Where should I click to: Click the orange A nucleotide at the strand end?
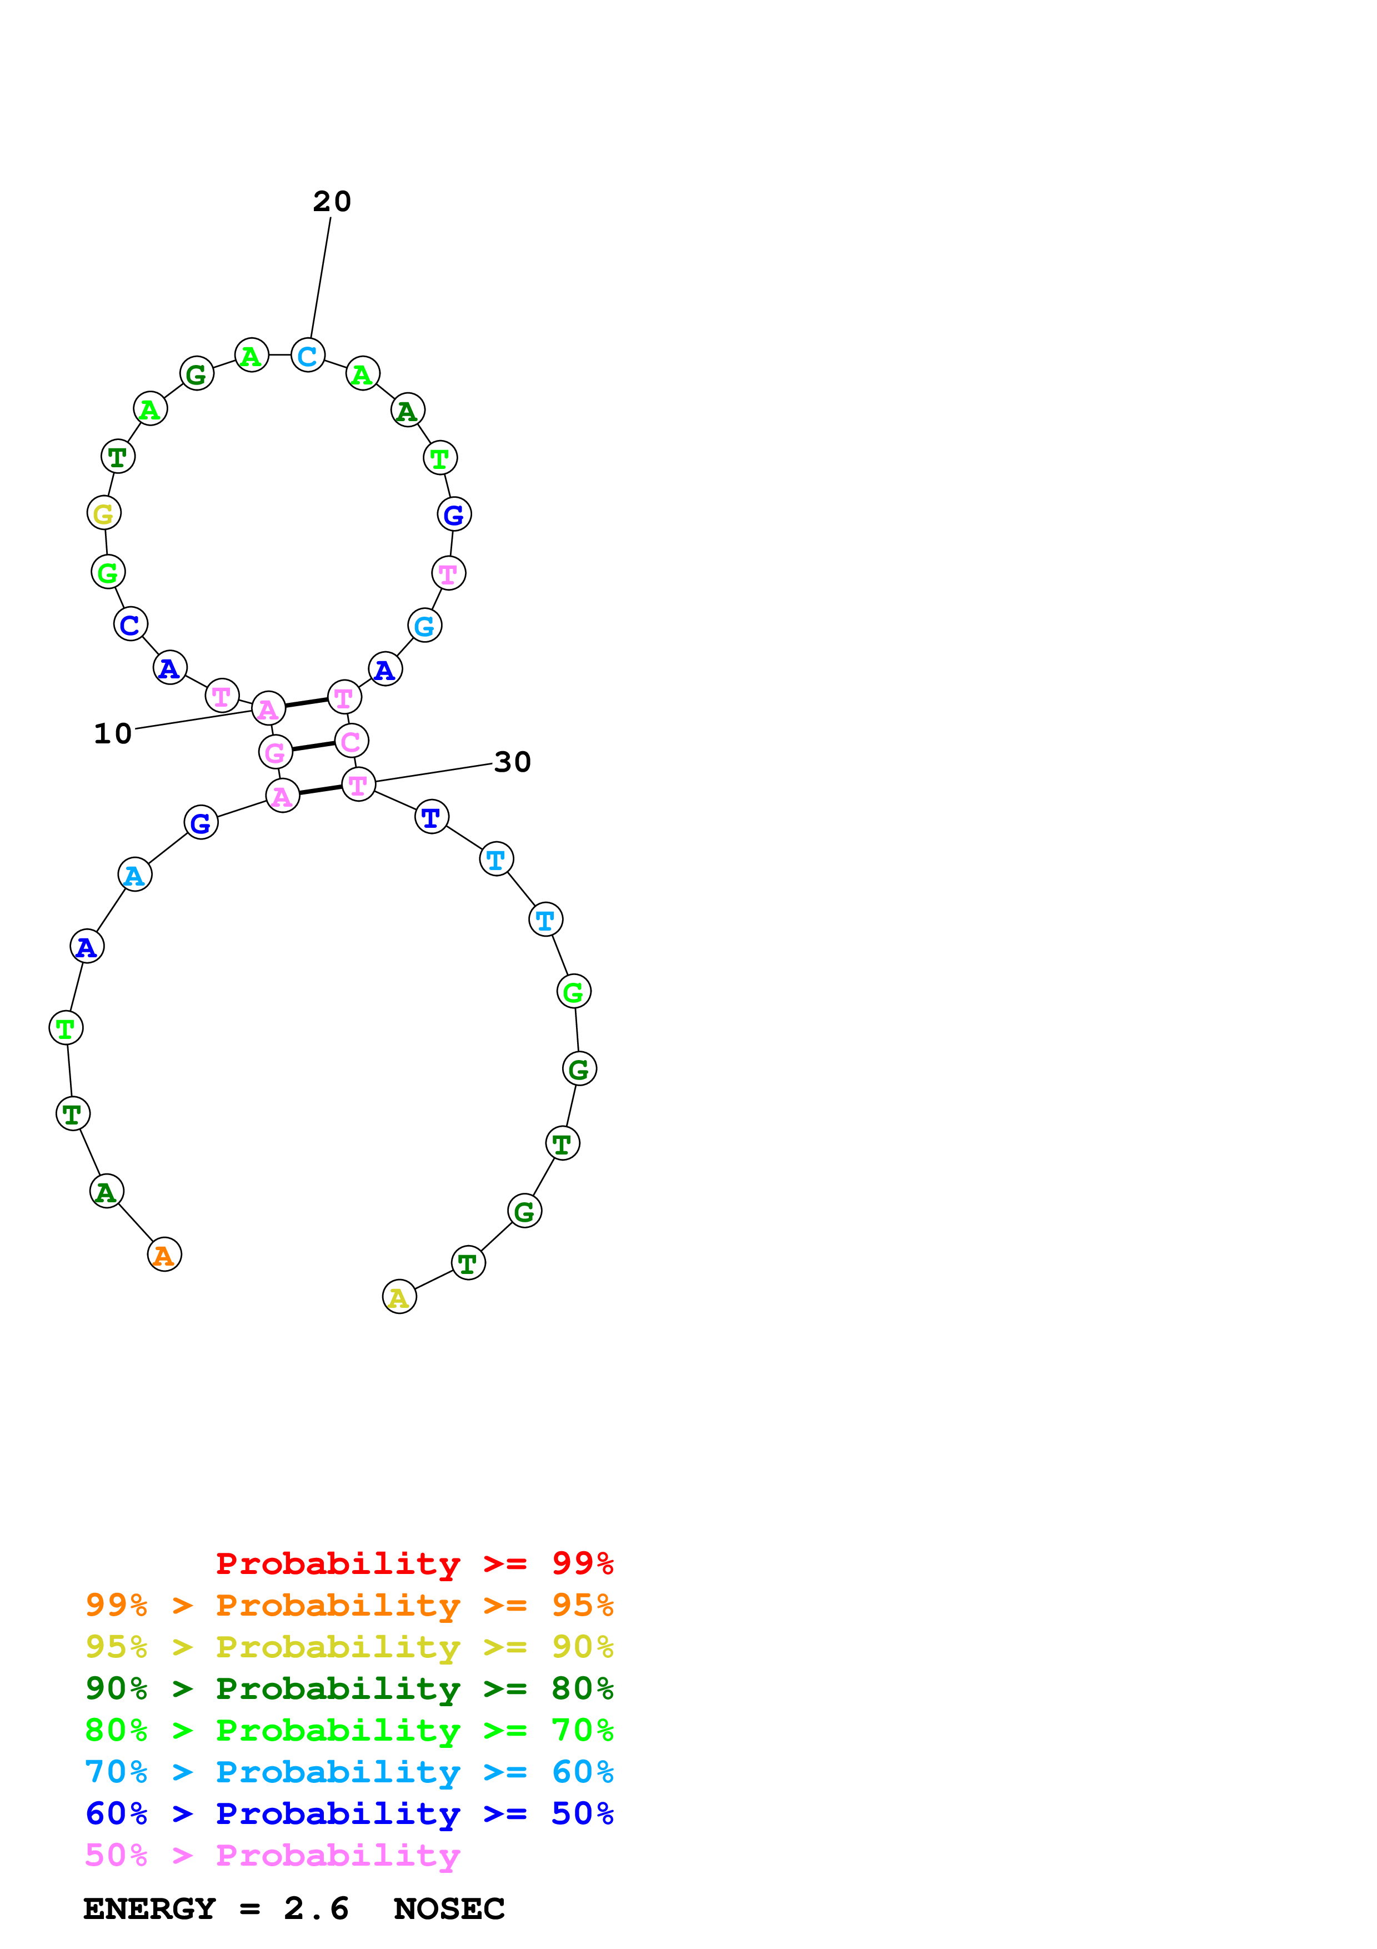click(x=164, y=1255)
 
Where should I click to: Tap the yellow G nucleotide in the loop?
click(x=103, y=513)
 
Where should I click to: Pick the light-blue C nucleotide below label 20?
click(x=307, y=355)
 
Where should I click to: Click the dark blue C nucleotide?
click(x=130, y=624)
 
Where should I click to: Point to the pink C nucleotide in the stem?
click(x=351, y=741)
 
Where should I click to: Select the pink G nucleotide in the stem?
click(x=275, y=751)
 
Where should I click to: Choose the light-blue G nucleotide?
click(x=424, y=626)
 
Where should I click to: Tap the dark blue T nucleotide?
click(x=431, y=817)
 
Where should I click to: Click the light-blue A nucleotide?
click(x=134, y=874)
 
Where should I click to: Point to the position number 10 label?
click(x=113, y=733)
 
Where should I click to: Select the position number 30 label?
click(x=513, y=762)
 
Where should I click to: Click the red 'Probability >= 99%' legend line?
click(x=414, y=1563)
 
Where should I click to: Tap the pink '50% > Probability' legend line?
click(x=272, y=1856)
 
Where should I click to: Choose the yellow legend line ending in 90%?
click(x=349, y=1647)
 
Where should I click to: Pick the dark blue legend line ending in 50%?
click(x=349, y=1813)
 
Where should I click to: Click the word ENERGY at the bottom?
click(x=149, y=1909)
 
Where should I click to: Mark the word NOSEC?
click(x=449, y=1909)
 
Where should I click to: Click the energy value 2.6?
click(x=316, y=1909)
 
